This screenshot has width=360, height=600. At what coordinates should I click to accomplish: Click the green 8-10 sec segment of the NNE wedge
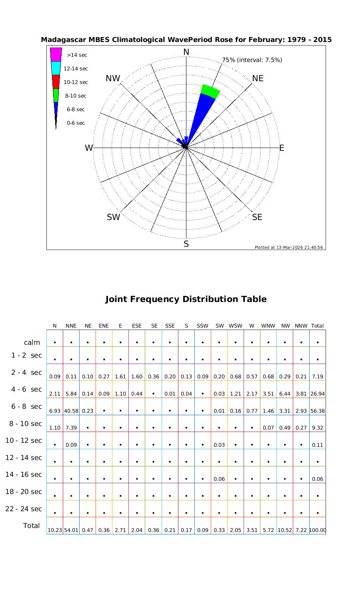[x=210, y=92]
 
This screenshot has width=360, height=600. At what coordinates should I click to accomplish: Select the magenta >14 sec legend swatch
[x=56, y=54]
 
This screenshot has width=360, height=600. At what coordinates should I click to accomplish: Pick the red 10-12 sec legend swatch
[x=56, y=82]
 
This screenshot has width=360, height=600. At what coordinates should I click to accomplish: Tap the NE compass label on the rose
[x=258, y=78]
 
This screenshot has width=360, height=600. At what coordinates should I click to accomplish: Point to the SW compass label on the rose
[x=114, y=217]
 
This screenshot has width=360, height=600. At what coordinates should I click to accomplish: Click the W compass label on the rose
[x=89, y=148]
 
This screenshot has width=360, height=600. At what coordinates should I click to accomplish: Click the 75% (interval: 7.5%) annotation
[x=252, y=60]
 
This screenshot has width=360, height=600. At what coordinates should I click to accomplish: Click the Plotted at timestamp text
[x=289, y=247]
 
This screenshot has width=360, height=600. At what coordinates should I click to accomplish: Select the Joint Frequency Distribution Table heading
[x=186, y=299]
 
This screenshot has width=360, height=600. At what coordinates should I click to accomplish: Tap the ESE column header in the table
[x=137, y=326]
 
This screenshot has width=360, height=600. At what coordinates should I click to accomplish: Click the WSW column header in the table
[x=236, y=326]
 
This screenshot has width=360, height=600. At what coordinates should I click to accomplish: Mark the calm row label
[x=32, y=342]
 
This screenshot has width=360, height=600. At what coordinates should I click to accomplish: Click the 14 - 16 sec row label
[x=24, y=474]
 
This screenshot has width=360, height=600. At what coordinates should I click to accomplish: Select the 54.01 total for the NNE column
[x=71, y=530]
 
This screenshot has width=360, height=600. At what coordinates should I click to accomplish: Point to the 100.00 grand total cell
[x=318, y=530]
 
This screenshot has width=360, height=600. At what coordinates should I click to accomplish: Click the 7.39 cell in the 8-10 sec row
[x=71, y=428]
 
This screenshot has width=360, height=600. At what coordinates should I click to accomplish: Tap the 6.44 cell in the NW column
[x=285, y=394]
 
